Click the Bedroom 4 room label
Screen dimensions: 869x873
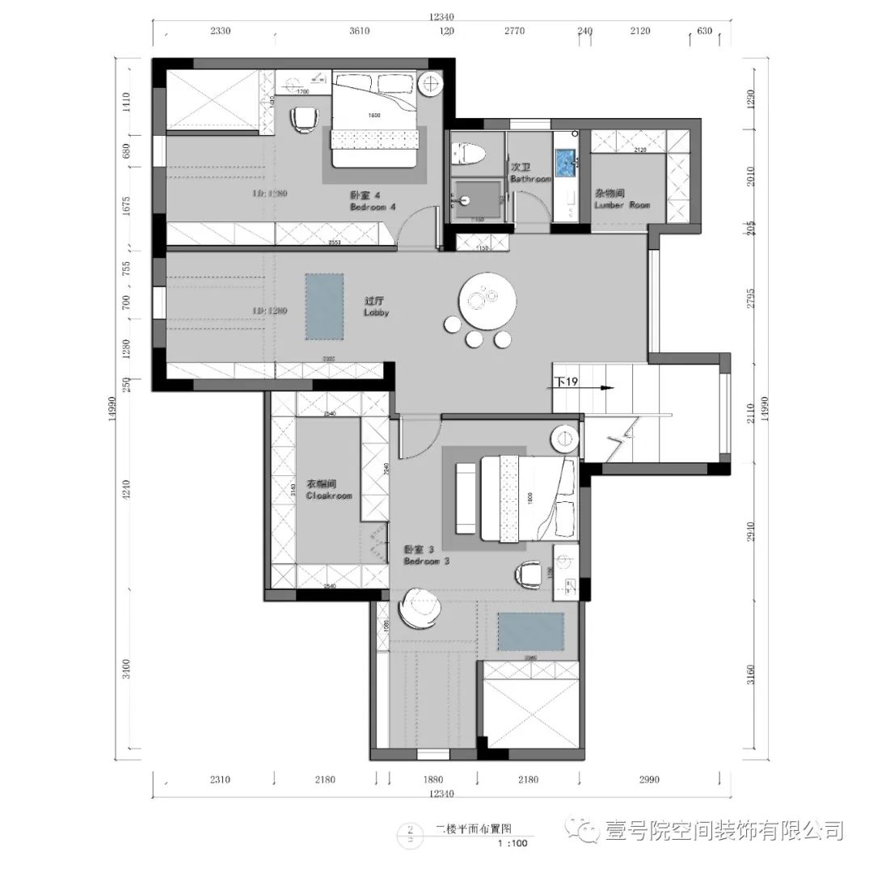(373, 201)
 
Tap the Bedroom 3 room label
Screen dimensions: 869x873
(426, 555)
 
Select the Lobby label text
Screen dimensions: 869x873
(376, 306)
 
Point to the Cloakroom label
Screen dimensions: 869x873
(329, 491)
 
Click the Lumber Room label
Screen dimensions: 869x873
(622, 200)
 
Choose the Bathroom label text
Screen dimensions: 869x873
(530, 173)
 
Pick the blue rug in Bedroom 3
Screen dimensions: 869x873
(530, 631)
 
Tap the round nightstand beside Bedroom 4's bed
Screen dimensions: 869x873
(432, 83)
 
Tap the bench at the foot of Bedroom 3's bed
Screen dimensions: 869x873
(466, 497)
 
